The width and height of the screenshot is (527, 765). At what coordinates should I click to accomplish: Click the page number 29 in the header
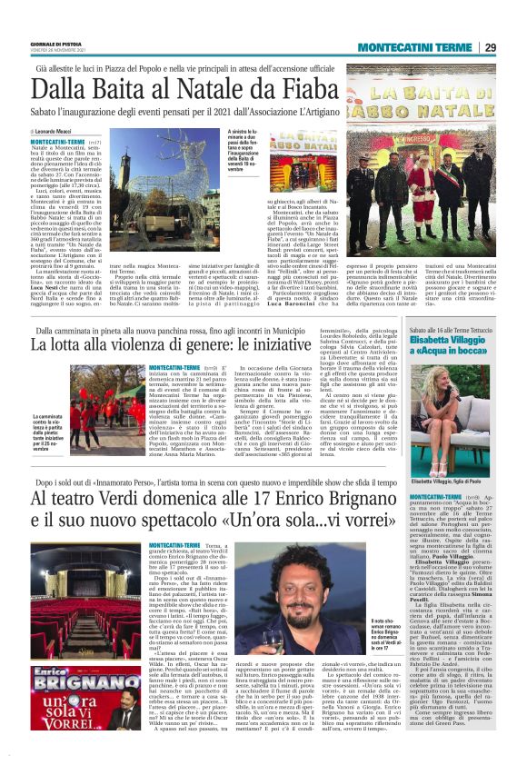(x=489, y=47)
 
